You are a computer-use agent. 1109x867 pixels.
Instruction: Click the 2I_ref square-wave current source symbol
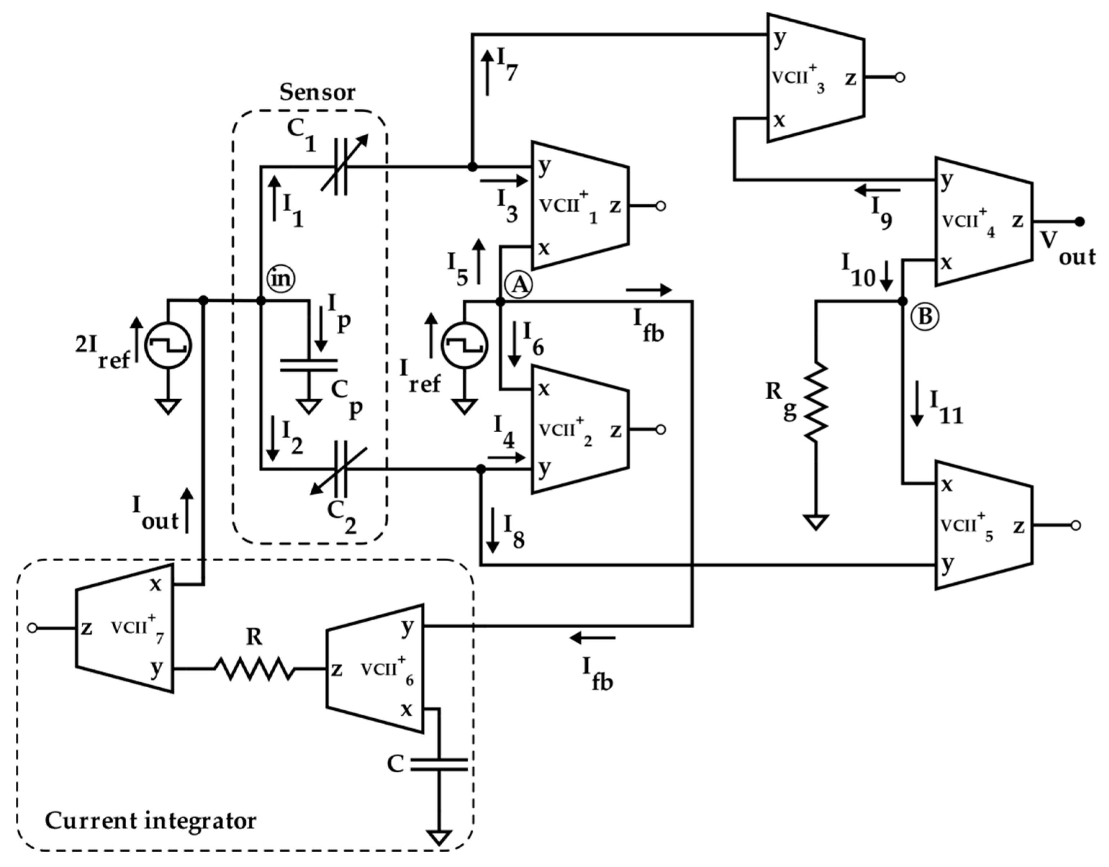click(168, 346)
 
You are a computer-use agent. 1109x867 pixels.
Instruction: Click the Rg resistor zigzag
click(816, 401)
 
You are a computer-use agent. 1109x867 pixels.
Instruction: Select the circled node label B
click(924, 316)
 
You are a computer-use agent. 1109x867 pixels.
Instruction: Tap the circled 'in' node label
click(281, 279)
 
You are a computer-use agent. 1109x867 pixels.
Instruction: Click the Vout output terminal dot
click(1079, 221)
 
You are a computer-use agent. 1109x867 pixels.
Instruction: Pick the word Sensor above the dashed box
click(317, 93)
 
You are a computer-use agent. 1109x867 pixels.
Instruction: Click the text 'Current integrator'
click(151, 821)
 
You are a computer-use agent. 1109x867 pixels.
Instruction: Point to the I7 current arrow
click(487, 73)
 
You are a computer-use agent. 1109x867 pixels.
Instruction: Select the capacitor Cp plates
click(309, 365)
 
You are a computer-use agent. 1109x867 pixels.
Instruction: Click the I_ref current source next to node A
click(464, 346)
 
